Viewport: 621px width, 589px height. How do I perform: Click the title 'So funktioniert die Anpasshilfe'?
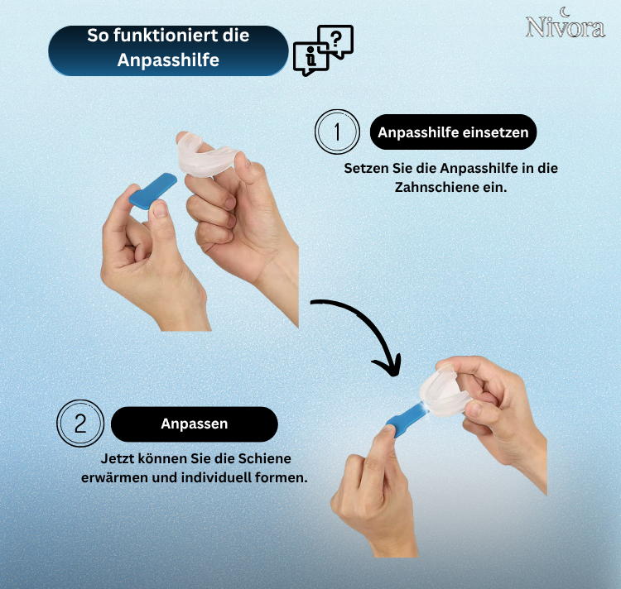pyautogui.click(x=168, y=48)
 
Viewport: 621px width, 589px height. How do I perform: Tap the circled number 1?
pyautogui.click(x=337, y=132)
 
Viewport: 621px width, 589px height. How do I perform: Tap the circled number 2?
pyautogui.click(x=80, y=424)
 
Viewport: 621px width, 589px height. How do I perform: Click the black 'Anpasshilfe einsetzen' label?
pyautogui.click(x=453, y=132)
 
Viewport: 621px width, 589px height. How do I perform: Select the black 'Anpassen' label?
pyautogui.click(x=194, y=424)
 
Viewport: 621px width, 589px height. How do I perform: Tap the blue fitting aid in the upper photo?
pyautogui.click(x=154, y=193)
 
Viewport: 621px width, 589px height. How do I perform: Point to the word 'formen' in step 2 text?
pyautogui.click(x=284, y=478)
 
